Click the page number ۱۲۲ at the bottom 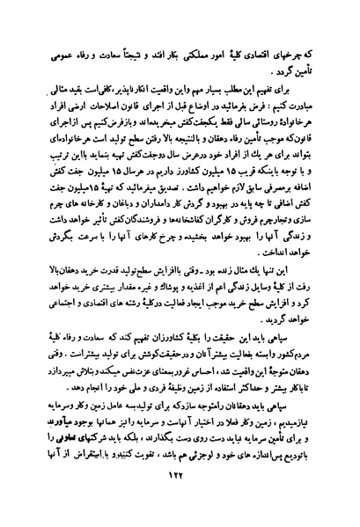tap(180, 496)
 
